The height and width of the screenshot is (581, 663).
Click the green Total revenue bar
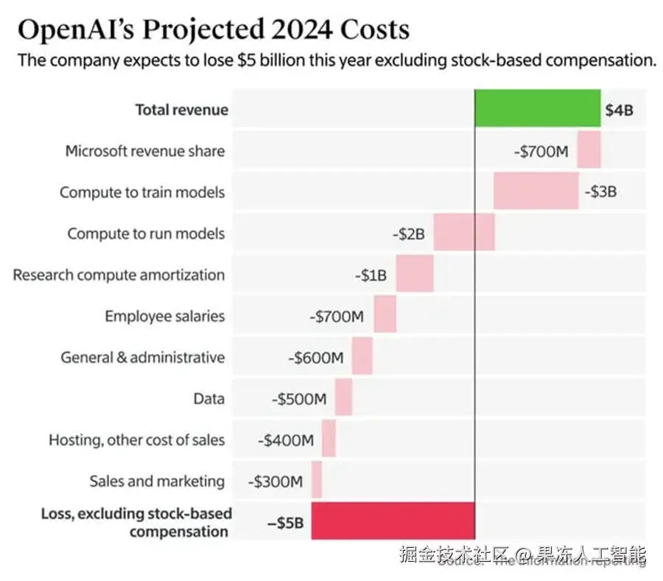538,109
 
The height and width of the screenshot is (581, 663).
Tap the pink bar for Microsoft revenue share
589,150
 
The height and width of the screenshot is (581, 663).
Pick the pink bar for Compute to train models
536,191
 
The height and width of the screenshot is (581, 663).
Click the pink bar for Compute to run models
464,233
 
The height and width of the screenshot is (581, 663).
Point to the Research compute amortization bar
415,275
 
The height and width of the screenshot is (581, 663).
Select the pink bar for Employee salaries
385,316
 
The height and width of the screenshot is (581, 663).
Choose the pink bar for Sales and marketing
317,481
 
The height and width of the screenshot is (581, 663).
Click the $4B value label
619,110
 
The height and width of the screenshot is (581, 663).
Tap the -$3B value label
600,192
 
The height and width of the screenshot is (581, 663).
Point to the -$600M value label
315,358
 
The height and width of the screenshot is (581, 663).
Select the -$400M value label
286,440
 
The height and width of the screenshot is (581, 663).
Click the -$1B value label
371,275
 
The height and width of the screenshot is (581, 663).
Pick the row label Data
209,398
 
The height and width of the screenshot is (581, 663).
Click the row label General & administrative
143,357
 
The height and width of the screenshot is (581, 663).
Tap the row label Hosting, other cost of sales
137,440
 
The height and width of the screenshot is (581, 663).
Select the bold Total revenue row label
181,110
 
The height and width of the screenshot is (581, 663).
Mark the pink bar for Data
343,398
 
